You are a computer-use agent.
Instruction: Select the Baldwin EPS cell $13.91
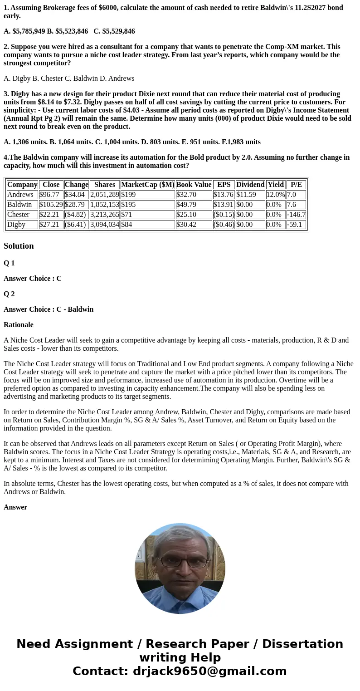[x=223, y=205]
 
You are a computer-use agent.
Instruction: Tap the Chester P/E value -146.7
[x=296, y=215]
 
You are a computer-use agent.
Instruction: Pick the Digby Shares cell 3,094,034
[x=104, y=225]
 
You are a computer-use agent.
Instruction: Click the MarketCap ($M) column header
[x=147, y=185]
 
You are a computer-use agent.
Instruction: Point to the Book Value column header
[x=194, y=185]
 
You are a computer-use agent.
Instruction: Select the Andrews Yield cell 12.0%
[x=275, y=195]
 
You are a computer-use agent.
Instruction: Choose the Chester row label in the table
[x=19, y=215]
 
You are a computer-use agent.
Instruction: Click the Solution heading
[x=19, y=246]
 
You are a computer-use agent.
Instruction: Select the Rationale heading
[x=19, y=325]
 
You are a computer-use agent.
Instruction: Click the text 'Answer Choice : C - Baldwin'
[x=49, y=309]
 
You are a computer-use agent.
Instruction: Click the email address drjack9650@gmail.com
[x=209, y=671]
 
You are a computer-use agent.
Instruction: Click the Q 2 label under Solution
[x=9, y=294]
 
